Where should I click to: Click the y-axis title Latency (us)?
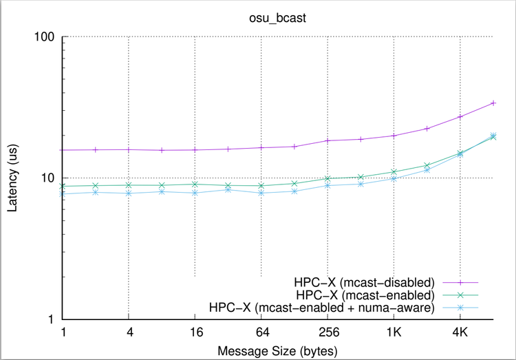pyautogui.click(x=13, y=178)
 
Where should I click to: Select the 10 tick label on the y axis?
pyautogui.click(x=48, y=178)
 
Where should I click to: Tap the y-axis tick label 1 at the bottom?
pyautogui.click(x=52, y=319)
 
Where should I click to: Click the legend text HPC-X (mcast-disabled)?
pyautogui.click(x=365, y=282)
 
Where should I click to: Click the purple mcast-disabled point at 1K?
pyautogui.click(x=394, y=136)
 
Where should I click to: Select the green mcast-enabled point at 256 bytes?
pyautogui.click(x=327, y=179)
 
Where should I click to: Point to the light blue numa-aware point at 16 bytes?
pyautogui.click(x=195, y=193)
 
